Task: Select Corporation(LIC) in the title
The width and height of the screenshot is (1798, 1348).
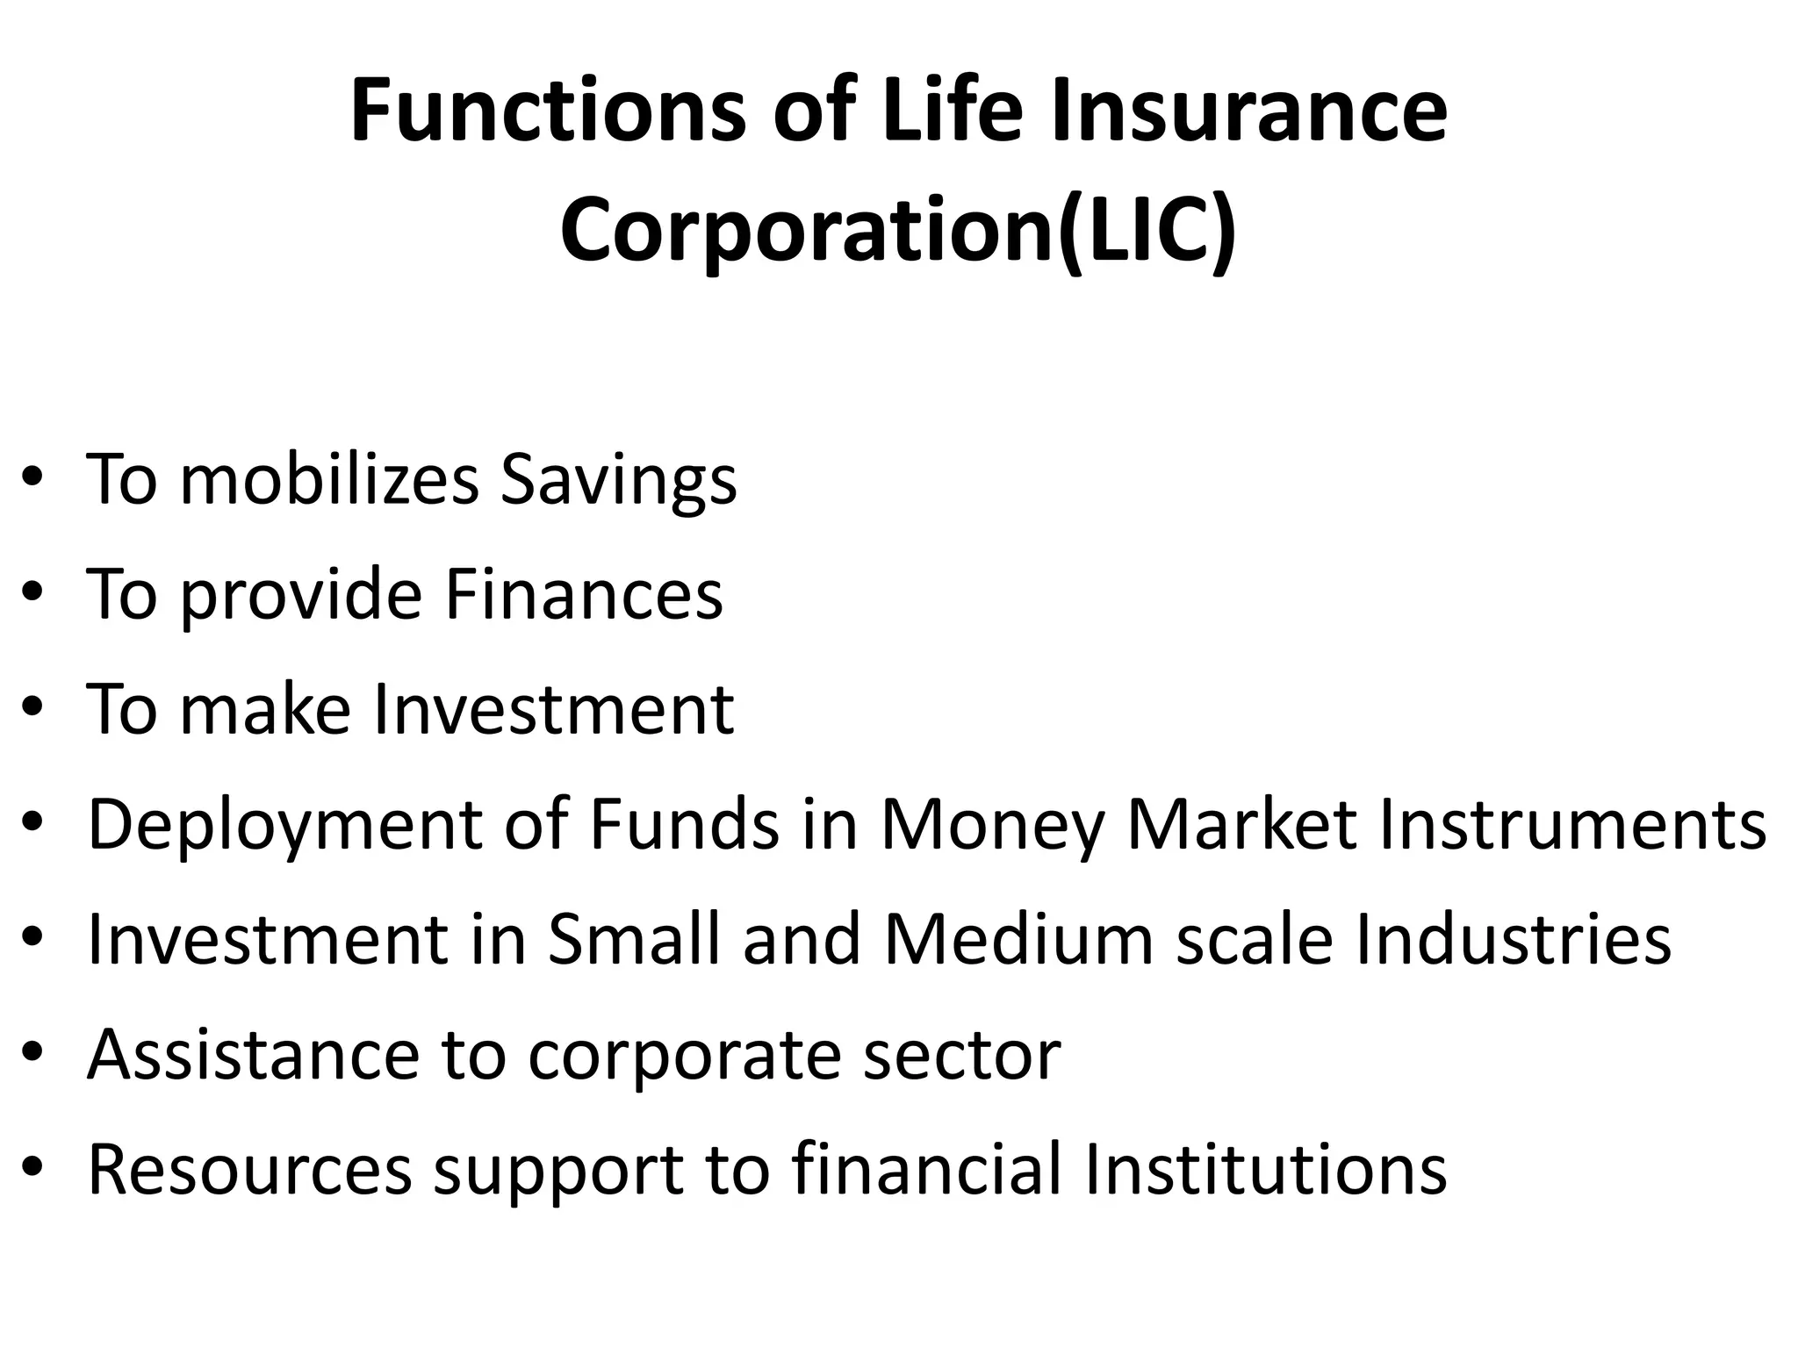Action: click(898, 230)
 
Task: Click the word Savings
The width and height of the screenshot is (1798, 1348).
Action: click(619, 481)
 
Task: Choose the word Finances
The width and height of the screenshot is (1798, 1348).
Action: click(584, 594)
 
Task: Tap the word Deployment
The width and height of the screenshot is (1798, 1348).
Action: click(285, 827)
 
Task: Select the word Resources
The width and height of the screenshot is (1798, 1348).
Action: click(249, 1170)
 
